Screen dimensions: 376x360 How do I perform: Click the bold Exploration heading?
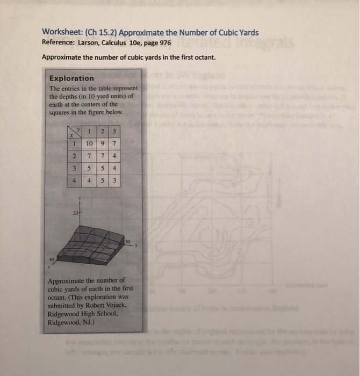tap(71, 78)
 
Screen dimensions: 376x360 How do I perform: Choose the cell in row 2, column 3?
tap(114, 156)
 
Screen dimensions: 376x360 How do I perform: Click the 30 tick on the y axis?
tap(127, 242)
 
